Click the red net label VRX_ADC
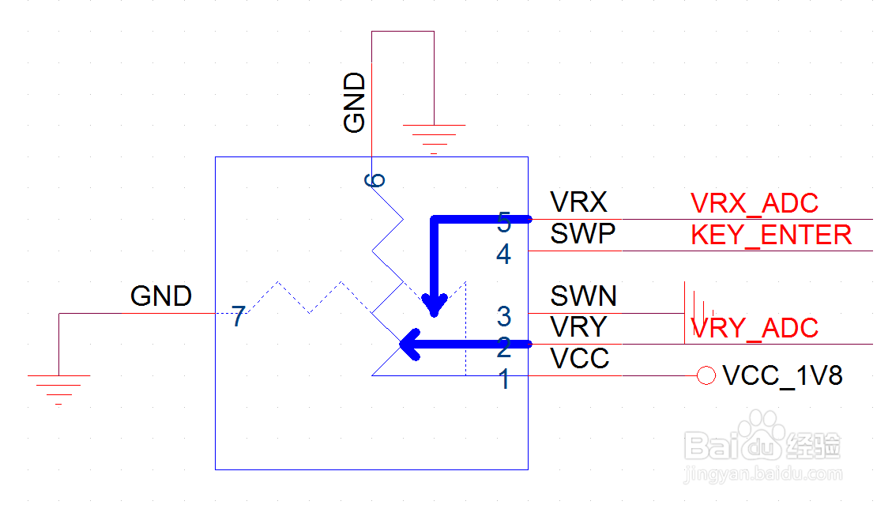755,204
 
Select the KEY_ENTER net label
771,236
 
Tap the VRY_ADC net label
755,328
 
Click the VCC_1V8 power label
782,376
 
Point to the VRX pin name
579,203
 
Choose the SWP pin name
582,235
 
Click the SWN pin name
584,296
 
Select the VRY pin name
579,327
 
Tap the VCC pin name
581,360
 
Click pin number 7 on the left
239,318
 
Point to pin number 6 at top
375,179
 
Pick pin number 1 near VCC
504,381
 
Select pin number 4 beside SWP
504,255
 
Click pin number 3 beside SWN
504,317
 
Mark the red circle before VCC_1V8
706,376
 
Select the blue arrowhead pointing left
411,344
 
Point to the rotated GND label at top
355,103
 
